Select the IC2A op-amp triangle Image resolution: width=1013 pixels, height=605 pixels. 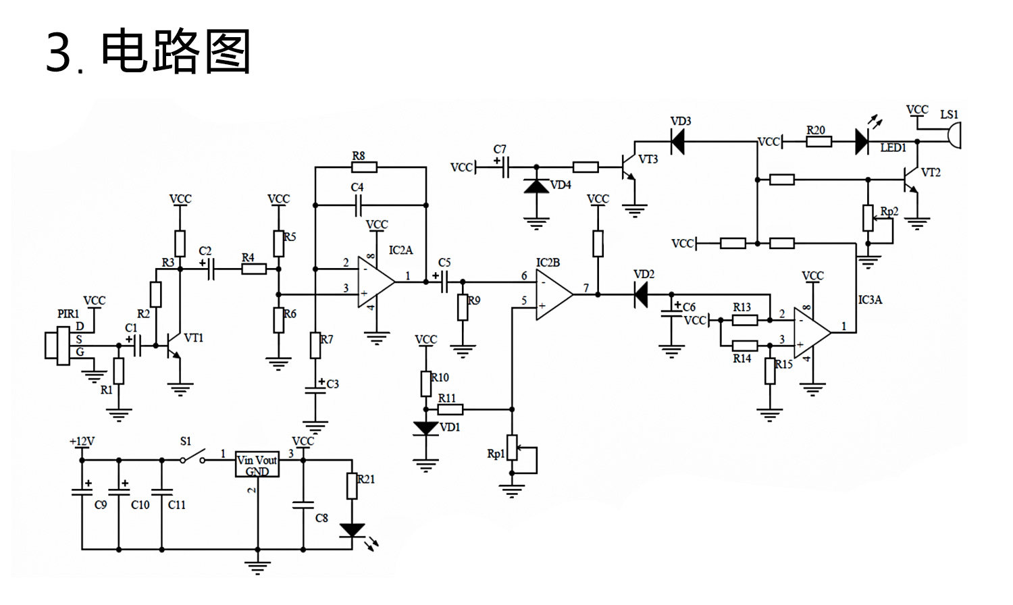click(x=375, y=282)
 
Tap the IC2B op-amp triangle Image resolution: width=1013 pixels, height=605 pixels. click(x=554, y=294)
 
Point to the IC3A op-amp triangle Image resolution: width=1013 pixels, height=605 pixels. click(x=811, y=332)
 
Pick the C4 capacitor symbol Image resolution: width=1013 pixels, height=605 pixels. click(x=359, y=204)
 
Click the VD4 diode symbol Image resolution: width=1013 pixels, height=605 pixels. click(x=537, y=186)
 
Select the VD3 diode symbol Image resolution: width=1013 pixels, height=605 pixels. click(x=679, y=141)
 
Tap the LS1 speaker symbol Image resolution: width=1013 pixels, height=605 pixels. click(x=954, y=136)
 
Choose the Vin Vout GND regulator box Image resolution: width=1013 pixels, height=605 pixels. click(x=257, y=464)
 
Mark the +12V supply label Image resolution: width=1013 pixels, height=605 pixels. click(x=82, y=442)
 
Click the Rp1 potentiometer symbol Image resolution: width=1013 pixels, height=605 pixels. click(x=513, y=447)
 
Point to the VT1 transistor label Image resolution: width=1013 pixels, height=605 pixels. click(x=194, y=338)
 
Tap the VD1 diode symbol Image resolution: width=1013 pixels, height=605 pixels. click(x=426, y=428)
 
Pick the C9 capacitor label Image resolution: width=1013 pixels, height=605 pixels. click(x=101, y=505)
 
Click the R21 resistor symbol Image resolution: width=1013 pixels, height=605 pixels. click(x=352, y=486)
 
